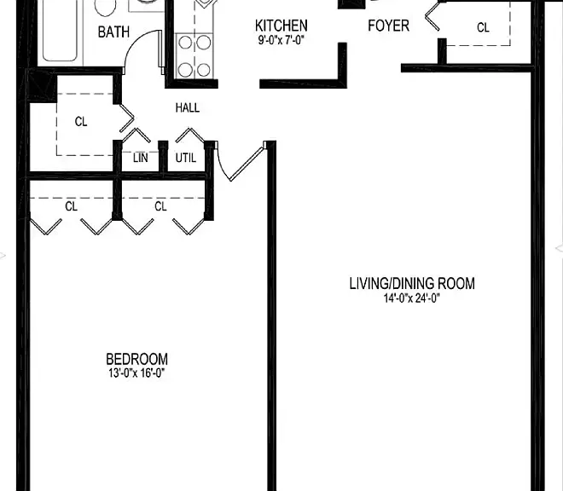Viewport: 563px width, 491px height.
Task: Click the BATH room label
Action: pos(113,32)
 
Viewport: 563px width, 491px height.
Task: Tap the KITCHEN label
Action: pos(281,26)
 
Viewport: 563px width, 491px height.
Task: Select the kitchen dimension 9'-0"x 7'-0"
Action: pos(281,40)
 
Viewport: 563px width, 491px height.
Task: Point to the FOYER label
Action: pos(388,26)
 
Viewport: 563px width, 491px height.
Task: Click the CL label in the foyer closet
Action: pos(483,27)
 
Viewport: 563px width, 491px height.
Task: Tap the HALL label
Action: pos(188,107)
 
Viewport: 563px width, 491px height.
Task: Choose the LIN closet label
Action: pos(140,158)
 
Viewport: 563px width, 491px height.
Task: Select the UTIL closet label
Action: pos(186,158)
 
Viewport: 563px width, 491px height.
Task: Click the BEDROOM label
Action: pos(136,359)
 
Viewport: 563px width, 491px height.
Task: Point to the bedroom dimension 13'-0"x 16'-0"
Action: pos(136,373)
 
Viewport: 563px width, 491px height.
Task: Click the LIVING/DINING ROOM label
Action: pos(412,284)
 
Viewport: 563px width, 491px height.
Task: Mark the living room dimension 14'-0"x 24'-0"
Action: pos(412,297)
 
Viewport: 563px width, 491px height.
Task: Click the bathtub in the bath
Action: pos(60,31)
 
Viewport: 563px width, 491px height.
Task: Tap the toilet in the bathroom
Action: pos(105,7)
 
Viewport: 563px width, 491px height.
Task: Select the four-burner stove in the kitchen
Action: pos(194,55)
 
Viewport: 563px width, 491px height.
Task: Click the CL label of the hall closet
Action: pos(81,122)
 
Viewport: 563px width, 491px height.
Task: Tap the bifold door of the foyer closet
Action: pos(432,16)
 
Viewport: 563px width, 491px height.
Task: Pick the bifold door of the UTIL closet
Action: pos(190,135)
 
